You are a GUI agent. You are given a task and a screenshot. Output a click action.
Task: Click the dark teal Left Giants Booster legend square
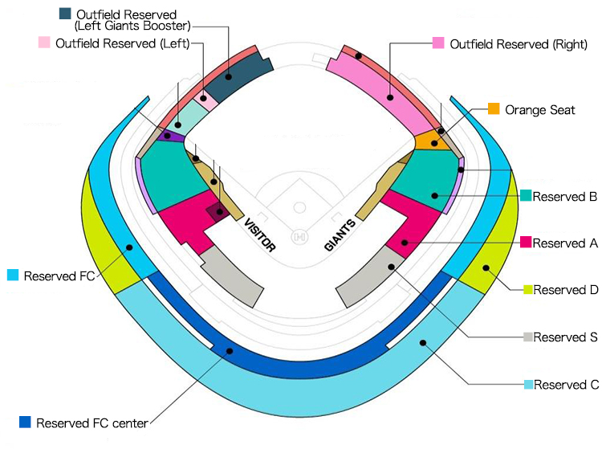coord(65,14)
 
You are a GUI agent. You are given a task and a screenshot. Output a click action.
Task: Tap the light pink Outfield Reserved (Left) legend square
coord(45,43)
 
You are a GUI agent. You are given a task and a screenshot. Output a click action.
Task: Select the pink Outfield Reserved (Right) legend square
coord(438,43)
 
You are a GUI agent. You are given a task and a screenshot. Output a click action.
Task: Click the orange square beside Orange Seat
coord(494,108)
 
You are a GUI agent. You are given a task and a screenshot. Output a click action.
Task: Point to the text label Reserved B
coord(564,196)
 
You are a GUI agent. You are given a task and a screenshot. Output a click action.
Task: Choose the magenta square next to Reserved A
coord(527,242)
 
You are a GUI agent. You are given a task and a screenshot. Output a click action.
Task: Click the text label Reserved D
coord(565,289)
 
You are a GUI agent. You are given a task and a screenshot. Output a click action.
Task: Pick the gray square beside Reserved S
coord(527,337)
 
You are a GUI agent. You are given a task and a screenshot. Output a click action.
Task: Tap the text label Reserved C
coord(566,384)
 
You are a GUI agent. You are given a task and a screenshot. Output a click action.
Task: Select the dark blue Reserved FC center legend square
coord(25,422)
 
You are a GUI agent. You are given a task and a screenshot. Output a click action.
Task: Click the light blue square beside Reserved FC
coord(12,275)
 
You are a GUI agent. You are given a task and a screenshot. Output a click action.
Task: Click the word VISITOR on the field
coord(260,235)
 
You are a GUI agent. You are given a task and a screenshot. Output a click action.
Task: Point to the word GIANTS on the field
coord(340,235)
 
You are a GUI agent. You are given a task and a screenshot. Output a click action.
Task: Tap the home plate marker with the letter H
coord(300,238)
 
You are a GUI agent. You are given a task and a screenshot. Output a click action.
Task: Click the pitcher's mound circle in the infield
coord(300,207)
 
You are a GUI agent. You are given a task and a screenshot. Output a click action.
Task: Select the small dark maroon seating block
coord(216,211)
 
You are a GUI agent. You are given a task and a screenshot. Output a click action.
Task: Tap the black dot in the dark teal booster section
coord(229,77)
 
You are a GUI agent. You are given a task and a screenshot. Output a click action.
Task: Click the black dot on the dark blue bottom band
coord(230,351)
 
